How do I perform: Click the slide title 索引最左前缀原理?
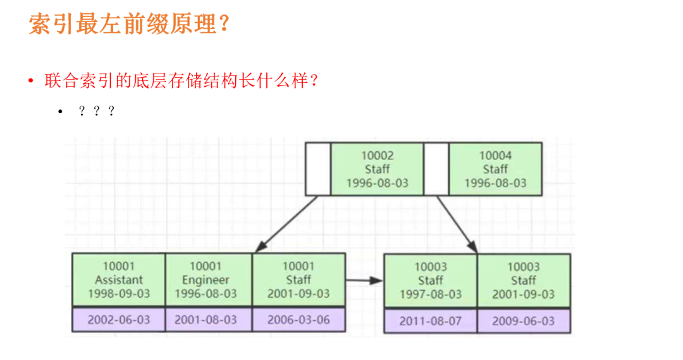point(128,25)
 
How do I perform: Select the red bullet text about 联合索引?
point(180,81)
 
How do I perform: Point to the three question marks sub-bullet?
point(96,112)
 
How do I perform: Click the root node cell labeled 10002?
point(377,169)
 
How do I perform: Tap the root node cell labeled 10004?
point(495,169)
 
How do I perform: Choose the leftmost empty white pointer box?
point(318,169)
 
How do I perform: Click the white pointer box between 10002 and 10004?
point(436,169)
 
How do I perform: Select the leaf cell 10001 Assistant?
point(119,280)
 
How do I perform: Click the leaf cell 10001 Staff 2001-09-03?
point(298,280)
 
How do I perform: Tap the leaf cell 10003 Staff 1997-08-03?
point(431,280)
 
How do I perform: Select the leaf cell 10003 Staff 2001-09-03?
point(524,280)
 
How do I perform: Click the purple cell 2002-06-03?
point(119,320)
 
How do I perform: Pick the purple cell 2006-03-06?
point(298,320)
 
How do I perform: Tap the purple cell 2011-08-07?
point(431,321)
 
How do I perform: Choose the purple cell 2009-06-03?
point(524,321)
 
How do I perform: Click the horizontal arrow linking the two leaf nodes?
point(365,280)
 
